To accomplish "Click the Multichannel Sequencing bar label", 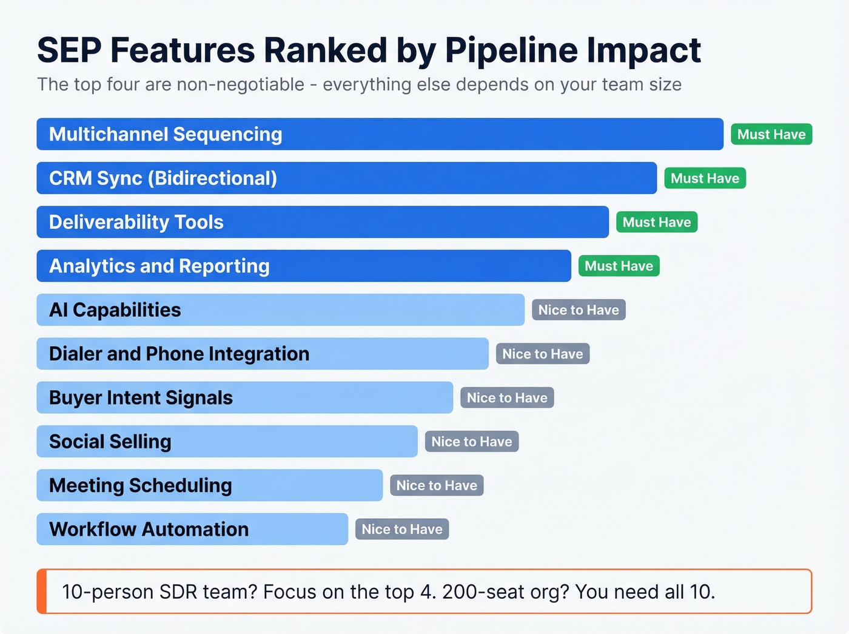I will click(166, 134).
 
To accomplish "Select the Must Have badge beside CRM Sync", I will click(705, 178).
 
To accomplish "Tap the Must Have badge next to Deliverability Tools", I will click(657, 222).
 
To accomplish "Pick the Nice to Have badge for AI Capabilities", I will click(579, 310).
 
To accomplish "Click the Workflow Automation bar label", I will click(149, 529).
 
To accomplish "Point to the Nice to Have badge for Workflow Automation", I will click(402, 529).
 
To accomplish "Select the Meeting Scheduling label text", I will click(140, 485).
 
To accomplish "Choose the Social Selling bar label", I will click(110, 442).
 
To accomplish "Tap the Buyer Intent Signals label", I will click(141, 398).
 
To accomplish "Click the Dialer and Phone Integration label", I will click(179, 354).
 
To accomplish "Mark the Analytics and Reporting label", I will click(159, 266).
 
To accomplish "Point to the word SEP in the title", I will click(69, 50).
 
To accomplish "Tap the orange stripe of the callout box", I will click(41, 591).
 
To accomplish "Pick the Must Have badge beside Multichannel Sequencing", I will click(771, 134).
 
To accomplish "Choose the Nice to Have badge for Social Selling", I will click(472, 442).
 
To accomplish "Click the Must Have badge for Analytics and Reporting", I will click(619, 266).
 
